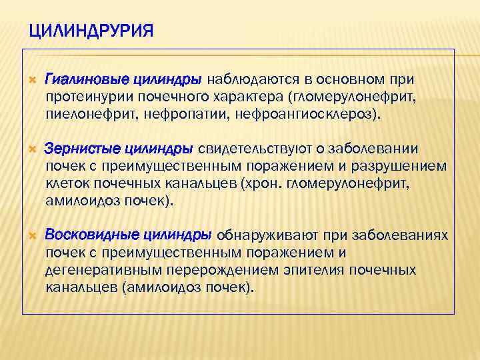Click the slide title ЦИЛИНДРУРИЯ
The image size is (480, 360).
click(92, 31)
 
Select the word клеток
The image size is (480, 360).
click(66, 182)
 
